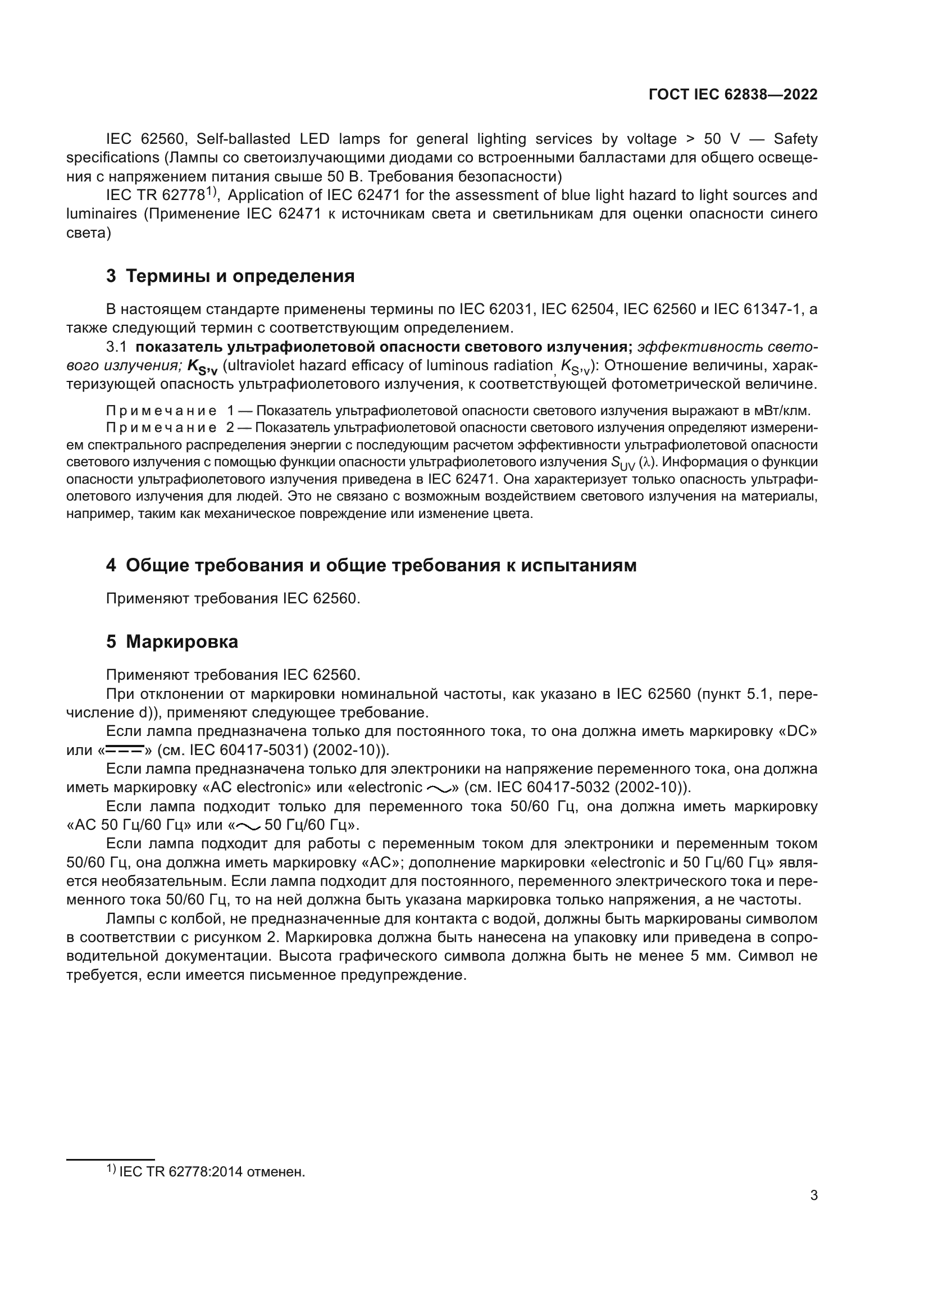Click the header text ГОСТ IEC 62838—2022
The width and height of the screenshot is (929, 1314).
pyautogui.click(x=733, y=94)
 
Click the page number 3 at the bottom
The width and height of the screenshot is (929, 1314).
pyautogui.click(x=814, y=1195)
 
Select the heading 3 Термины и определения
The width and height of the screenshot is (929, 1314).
pyautogui.click(x=230, y=276)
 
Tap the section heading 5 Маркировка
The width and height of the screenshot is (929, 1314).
pyautogui.click(x=172, y=642)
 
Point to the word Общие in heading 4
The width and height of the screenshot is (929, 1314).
pyautogui.click(x=157, y=566)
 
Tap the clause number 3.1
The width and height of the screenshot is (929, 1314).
pyautogui.click(x=117, y=347)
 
